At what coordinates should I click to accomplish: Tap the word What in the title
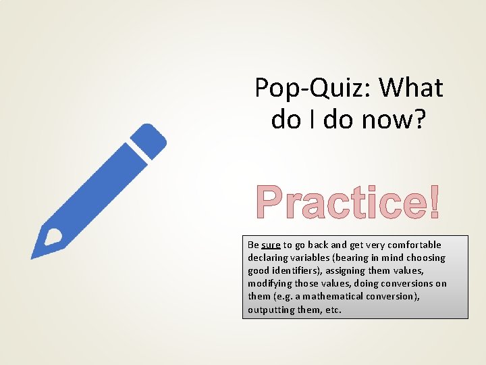pyautogui.click(x=411, y=88)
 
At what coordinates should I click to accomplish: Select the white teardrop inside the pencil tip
pyautogui.click(x=52, y=237)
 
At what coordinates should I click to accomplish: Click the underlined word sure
pyautogui.click(x=271, y=245)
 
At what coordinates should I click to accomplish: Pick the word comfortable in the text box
pyautogui.click(x=416, y=245)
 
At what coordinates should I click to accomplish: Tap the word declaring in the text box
pyautogui.click(x=268, y=258)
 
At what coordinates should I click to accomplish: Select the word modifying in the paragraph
pyautogui.click(x=271, y=283)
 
